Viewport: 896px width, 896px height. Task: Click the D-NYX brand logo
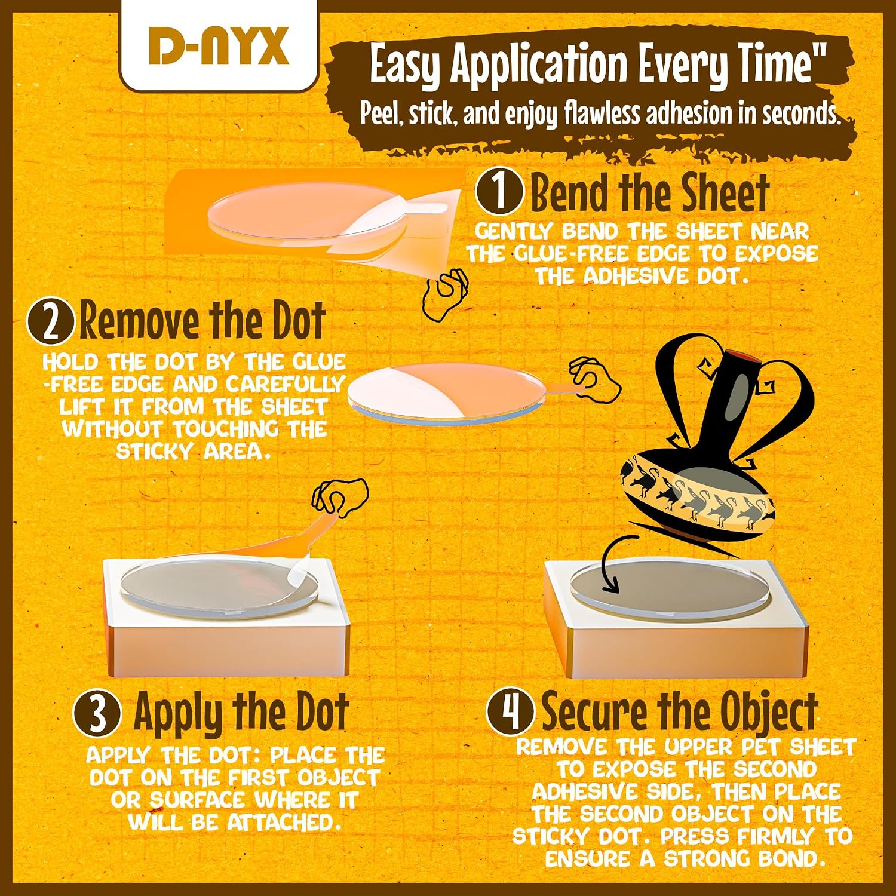click(219, 47)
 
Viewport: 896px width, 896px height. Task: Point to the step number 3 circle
click(97, 714)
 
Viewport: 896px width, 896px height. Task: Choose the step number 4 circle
click(510, 711)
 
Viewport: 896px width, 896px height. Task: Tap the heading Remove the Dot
click(202, 321)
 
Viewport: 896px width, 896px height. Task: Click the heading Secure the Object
click(680, 711)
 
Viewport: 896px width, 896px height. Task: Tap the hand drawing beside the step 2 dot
click(594, 381)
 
